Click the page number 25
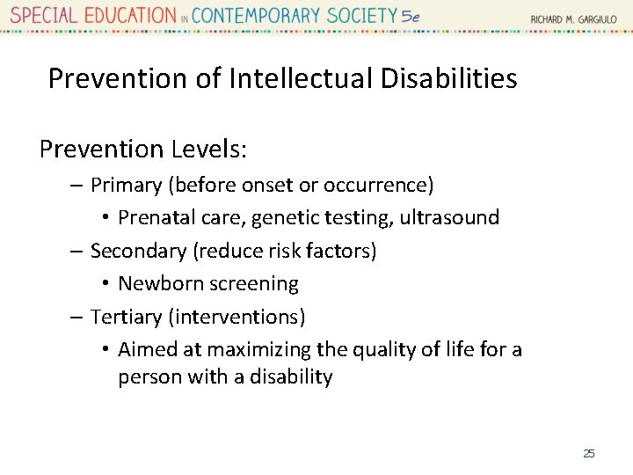(589, 453)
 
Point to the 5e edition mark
(411, 16)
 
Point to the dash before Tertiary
(76, 317)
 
